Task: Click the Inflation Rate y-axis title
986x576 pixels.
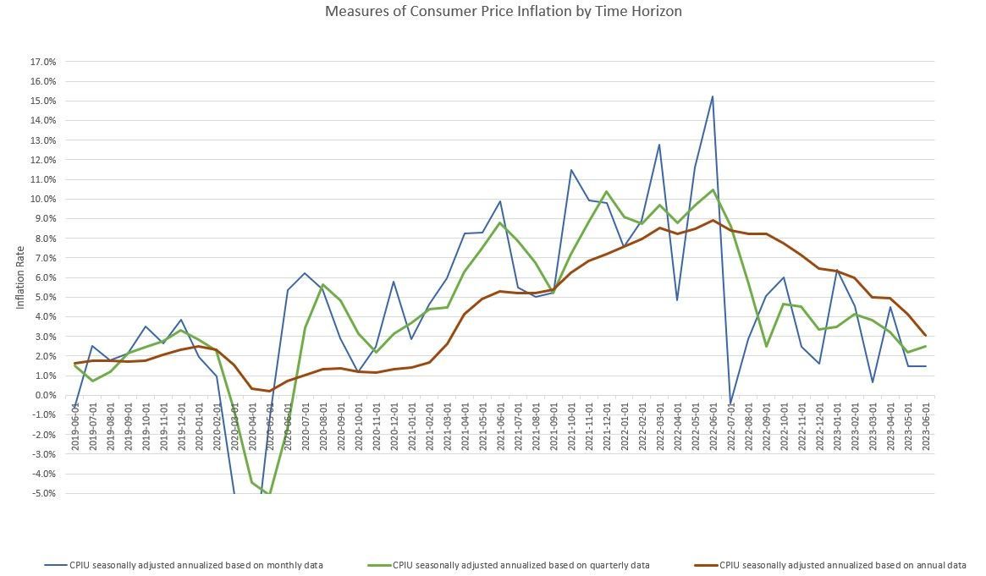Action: pyautogui.click(x=21, y=278)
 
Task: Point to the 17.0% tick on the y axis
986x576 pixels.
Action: pyautogui.click(x=42, y=62)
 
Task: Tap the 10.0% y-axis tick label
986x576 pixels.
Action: pyautogui.click(x=42, y=200)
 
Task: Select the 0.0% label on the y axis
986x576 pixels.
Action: pyautogui.click(x=44, y=396)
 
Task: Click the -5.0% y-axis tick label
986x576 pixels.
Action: pyautogui.click(x=43, y=494)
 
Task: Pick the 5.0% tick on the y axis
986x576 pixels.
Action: pyautogui.click(x=44, y=298)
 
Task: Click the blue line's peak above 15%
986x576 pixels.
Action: pyautogui.click(x=712, y=96)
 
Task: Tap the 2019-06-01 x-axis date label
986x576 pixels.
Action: pyautogui.click(x=75, y=428)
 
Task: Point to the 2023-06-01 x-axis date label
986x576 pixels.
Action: pyautogui.click(x=925, y=428)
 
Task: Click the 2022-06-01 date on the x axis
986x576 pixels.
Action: pyautogui.click(x=713, y=428)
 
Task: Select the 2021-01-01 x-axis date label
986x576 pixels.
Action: pyautogui.click(x=411, y=428)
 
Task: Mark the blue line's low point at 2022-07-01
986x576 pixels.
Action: pyautogui.click(x=730, y=403)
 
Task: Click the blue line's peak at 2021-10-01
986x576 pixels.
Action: pyautogui.click(x=571, y=170)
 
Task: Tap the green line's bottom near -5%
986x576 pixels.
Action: pyautogui.click(x=269, y=493)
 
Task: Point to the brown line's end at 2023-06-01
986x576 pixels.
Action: pyautogui.click(x=925, y=336)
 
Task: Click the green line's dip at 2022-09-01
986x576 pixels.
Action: pyautogui.click(x=766, y=346)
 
